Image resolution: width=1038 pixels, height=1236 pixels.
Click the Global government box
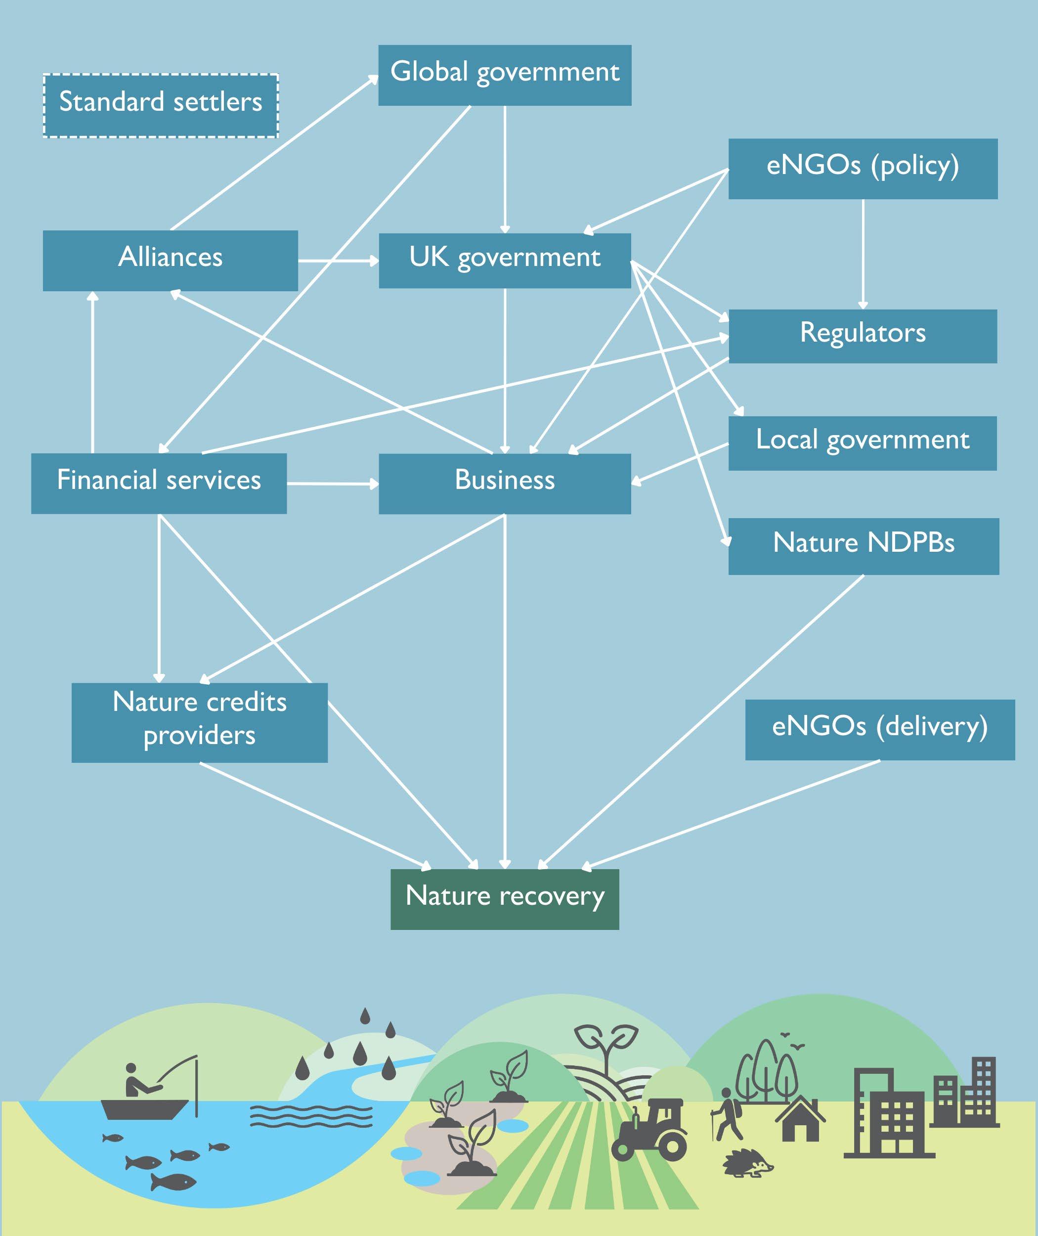pyautogui.click(x=504, y=75)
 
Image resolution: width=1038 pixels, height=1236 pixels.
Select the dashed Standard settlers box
pyautogui.click(x=161, y=105)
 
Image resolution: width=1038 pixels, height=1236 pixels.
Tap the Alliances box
pyautogui.click(x=170, y=260)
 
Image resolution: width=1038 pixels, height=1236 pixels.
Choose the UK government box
pyautogui.click(x=504, y=260)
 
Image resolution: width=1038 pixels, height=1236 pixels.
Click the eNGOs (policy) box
pyautogui.click(x=863, y=168)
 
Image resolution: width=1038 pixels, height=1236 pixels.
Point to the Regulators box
pyautogui.click(x=863, y=336)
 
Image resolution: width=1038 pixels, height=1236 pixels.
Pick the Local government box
pyautogui.click(x=863, y=442)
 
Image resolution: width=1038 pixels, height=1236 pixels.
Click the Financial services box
pyautogui.click(x=159, y=483)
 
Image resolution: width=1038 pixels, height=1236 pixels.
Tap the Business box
pyautogui.click(x=504, y=483)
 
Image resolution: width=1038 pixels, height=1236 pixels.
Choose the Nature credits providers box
pyautogui.click(x=200, y=722)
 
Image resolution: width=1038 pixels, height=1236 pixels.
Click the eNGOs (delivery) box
pyautogui.click(x=880, y=729)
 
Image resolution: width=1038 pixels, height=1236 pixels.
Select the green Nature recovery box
pyautogui.click(x=504, y=899)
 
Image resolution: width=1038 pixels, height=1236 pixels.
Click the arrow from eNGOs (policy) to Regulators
pyautogui.click(x=863, y=253)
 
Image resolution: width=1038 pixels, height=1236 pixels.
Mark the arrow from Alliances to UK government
pyautogui.click(x=339, y=260)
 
